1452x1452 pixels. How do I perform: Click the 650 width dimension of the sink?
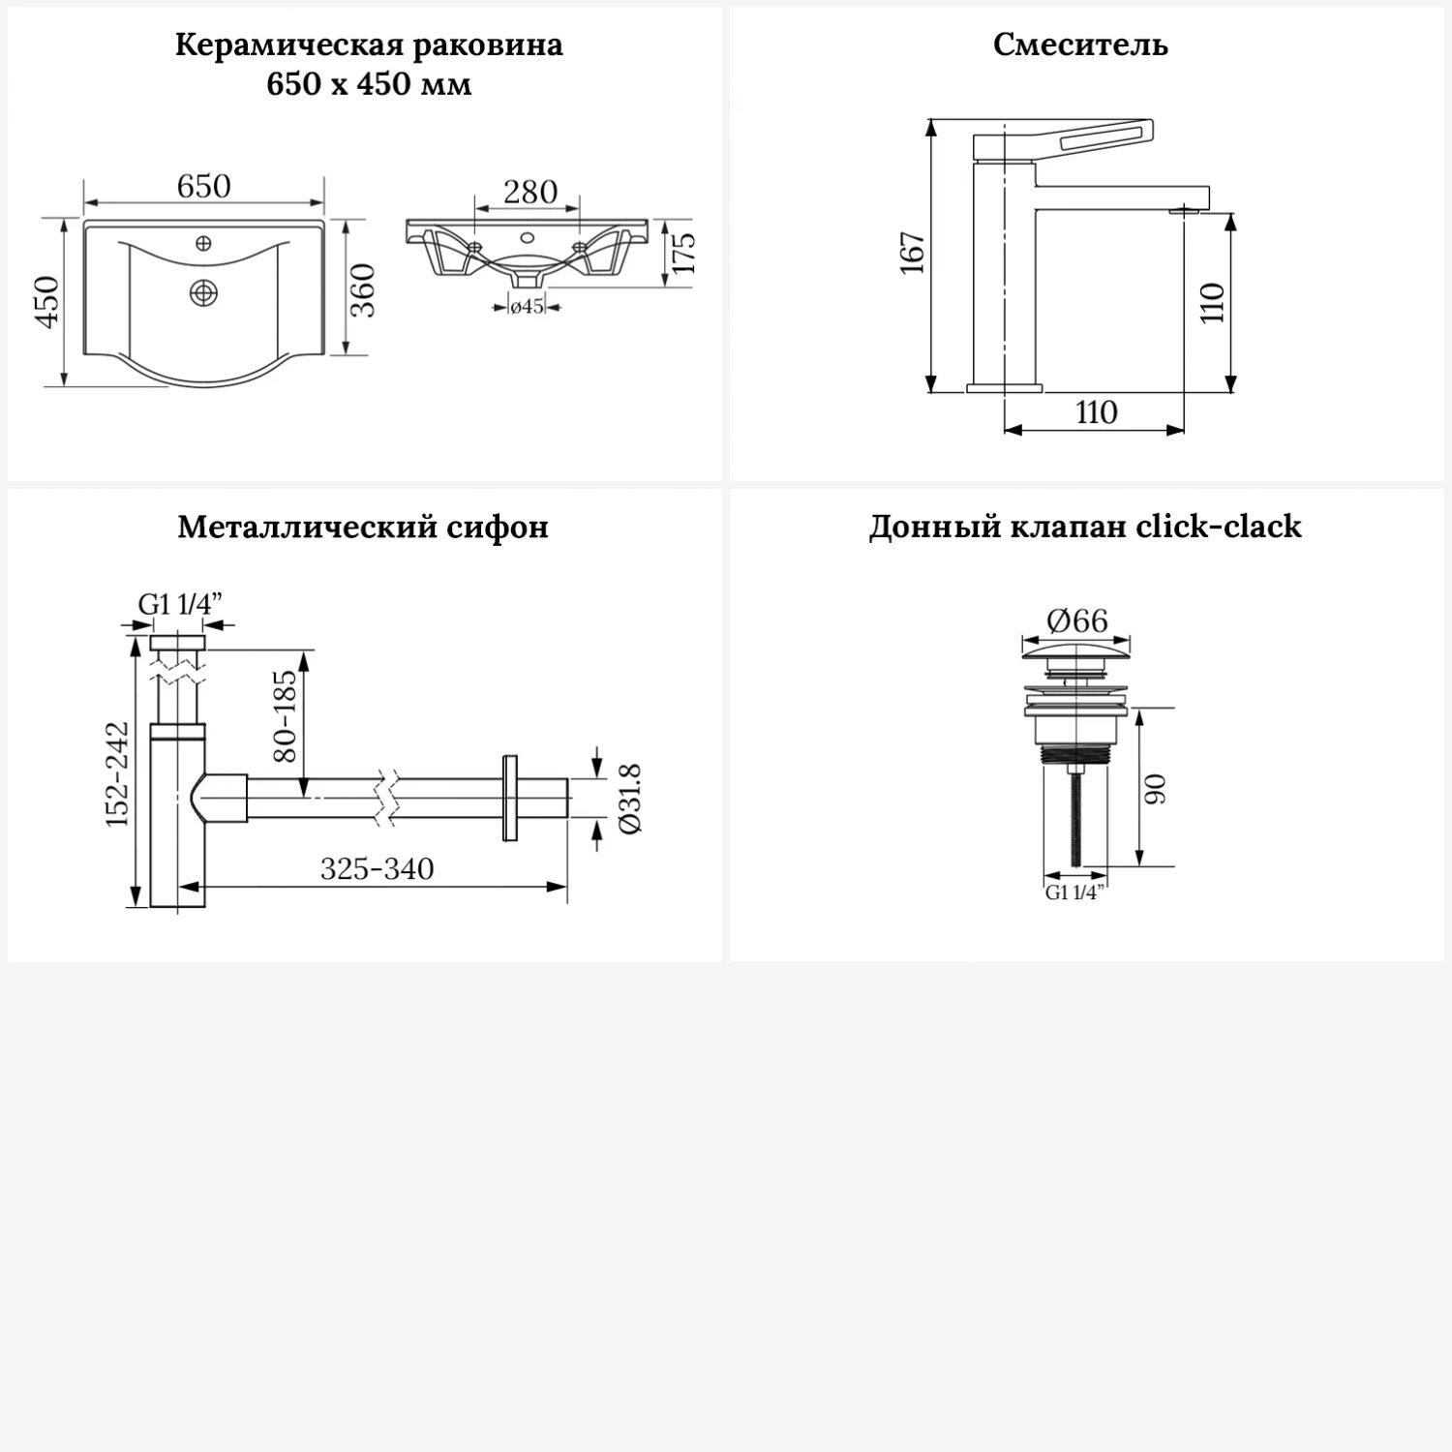point(203,186)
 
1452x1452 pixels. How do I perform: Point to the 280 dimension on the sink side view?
point(529,192)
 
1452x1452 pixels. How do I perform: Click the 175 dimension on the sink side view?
point(683,254)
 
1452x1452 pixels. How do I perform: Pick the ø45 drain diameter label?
point(527,307)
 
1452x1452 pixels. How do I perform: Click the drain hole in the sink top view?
point(204,291)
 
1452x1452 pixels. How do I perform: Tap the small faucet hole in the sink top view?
point(204,242)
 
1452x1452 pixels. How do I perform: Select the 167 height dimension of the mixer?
point(913,254)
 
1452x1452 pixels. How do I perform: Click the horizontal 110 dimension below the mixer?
point(1096,412)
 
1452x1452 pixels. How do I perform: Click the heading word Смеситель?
point(1080,45)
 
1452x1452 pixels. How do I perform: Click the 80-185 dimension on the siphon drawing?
point(287,717)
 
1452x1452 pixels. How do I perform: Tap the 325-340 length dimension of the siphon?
point(377,869)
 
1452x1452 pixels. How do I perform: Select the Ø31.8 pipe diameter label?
point(629,799)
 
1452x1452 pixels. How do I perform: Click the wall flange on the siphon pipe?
point(510,799)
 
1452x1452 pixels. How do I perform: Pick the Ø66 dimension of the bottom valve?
point(1076,620)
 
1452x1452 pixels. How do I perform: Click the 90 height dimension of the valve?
point(1156,789)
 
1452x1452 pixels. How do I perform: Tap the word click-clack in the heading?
point(1219,527)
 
